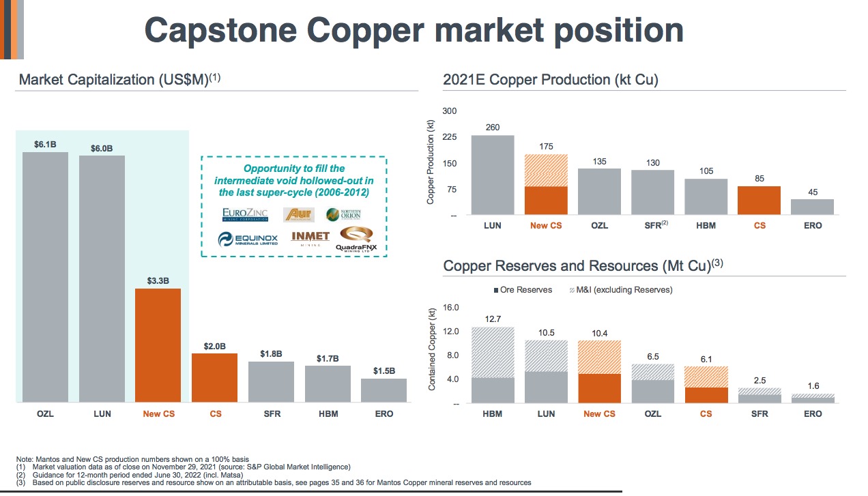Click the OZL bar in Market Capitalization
tap(45, 276)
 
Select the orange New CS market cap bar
tap(158, 345)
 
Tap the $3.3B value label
tap(158, 280)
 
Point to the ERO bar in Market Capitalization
tap(384, 390)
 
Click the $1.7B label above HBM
tap(328, 358)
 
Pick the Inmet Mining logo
tap(310, 238)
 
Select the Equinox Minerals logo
tap(248, 239)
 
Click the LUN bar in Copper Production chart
tap(493, 175)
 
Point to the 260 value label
tap(493, 128)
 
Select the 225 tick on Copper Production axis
tap(448, 137)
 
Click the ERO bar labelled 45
tap(813, 207)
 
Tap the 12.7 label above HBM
tap(493, 319)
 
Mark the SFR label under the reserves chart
tap(759, 414)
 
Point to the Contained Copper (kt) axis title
tap(432, 349)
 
